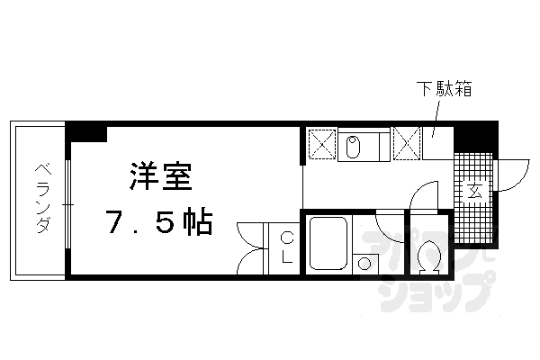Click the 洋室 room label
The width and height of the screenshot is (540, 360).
click(x=160, y=176)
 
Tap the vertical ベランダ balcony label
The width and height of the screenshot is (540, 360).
click(x=41, y=199)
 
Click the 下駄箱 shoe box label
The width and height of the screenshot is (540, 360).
click(x=444, y=90)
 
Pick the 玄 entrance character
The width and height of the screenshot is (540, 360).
click(x=473, y=192)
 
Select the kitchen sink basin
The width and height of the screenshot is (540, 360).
click(x=353, y=147)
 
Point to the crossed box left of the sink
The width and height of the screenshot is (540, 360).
click(x=321, y=142)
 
